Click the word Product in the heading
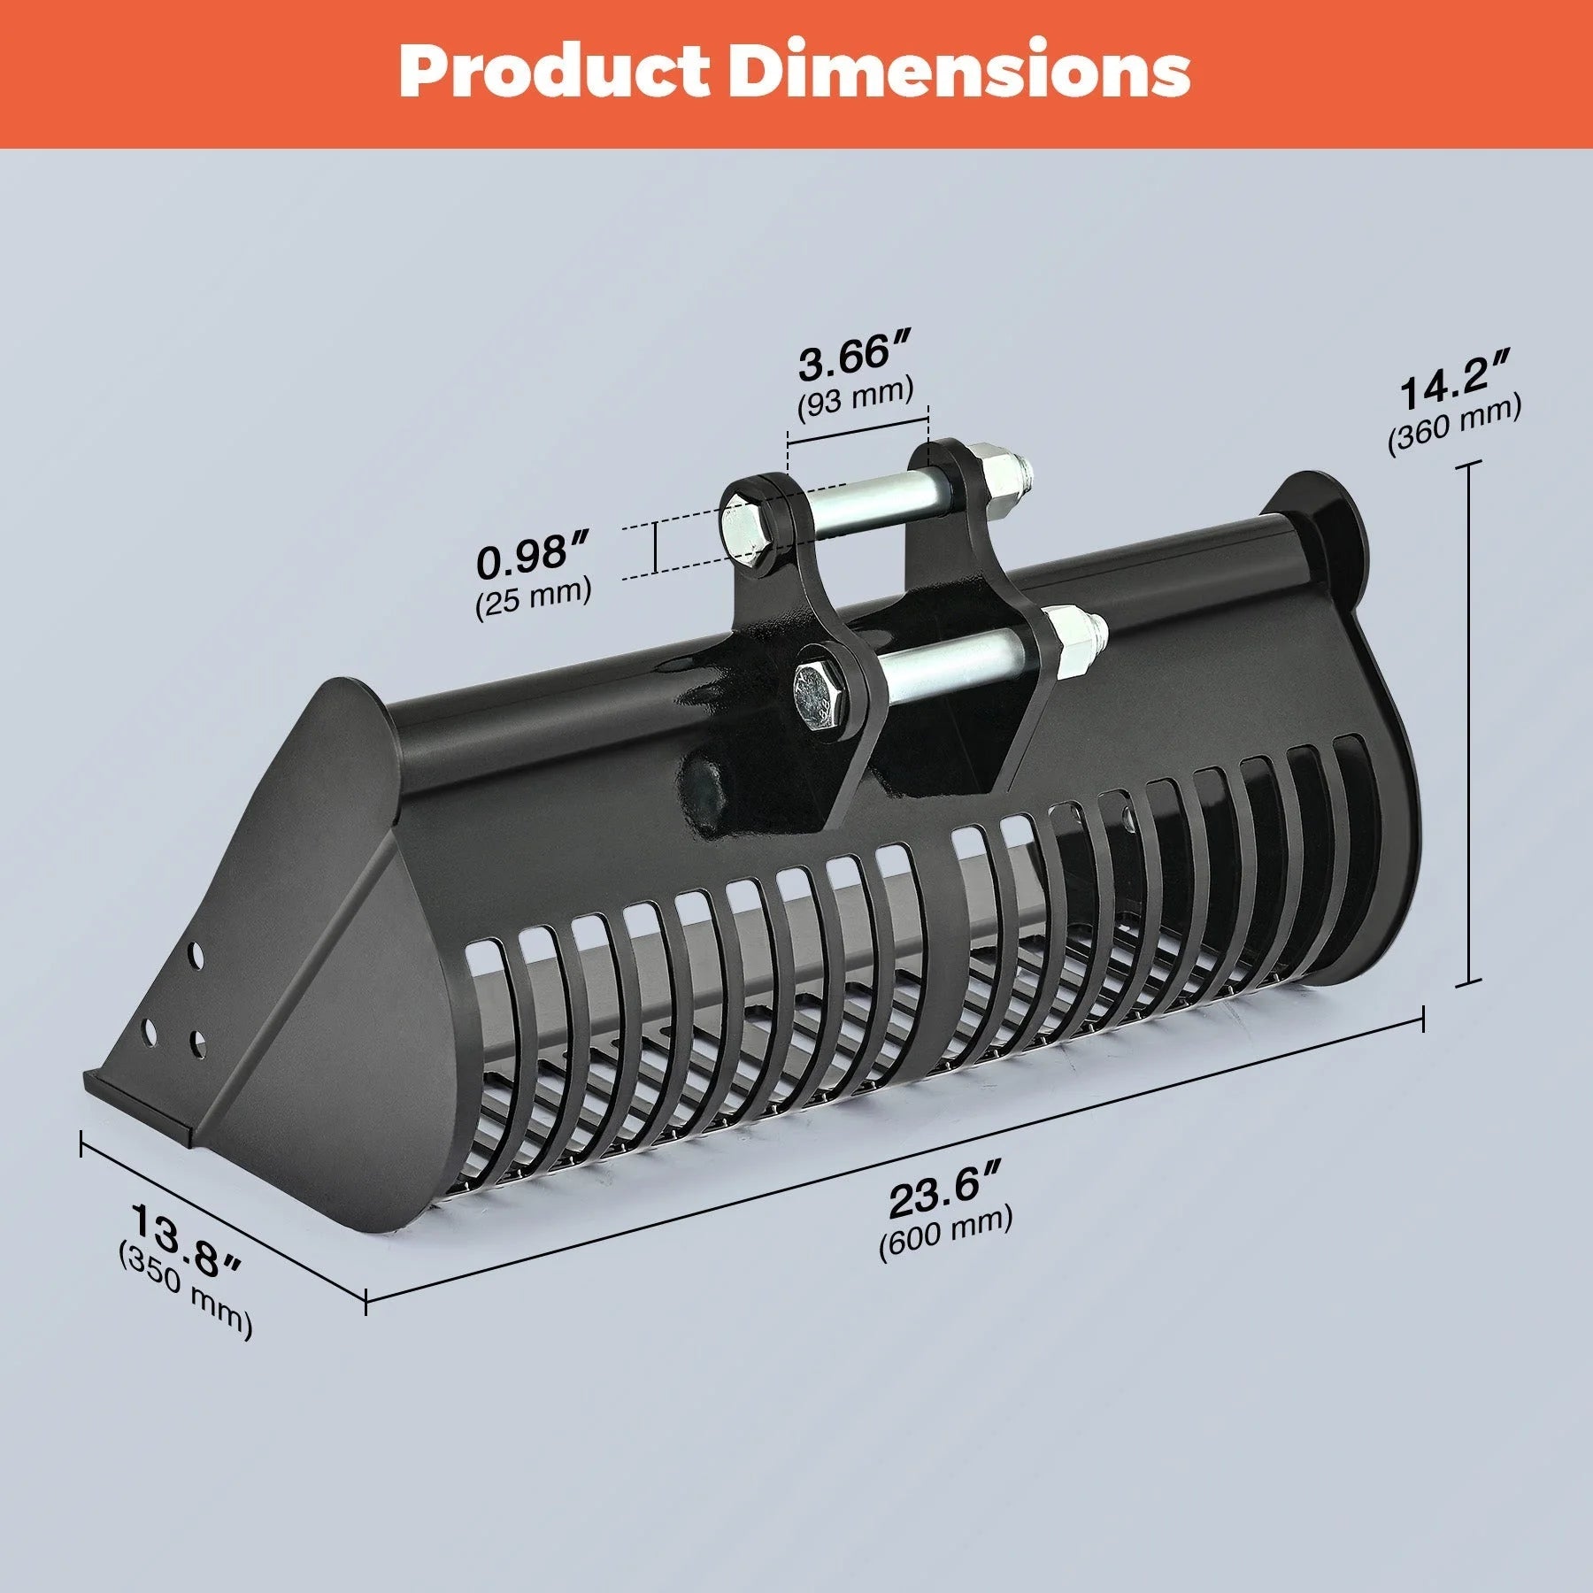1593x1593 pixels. click(553, 73)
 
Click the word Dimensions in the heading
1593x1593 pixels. click(960, 73)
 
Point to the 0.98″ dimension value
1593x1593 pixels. click(533, 556)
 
